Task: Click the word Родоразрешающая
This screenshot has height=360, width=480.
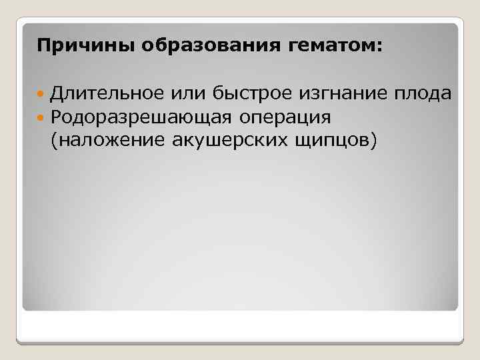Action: pos(141,117)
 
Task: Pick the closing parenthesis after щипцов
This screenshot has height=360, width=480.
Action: pos(375,140)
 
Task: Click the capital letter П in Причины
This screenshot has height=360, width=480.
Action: pos(43,47)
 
